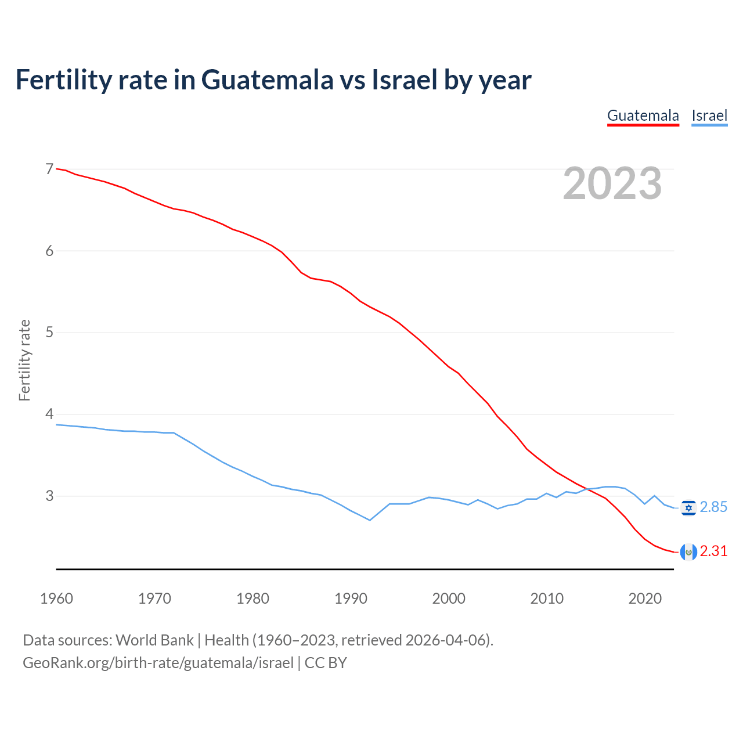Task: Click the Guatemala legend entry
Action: [643, 116]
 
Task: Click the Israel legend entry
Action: [709, 116]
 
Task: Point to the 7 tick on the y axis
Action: [49, 169]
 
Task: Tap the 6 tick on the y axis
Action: [49, 251]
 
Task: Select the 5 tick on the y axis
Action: [49, 333]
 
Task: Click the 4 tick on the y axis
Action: [49, 414]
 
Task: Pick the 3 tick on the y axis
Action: [49, 496]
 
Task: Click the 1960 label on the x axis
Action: [56, 598]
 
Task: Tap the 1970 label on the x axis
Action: [154, 598]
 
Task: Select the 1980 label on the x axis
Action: [253, 598]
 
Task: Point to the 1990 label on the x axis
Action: [351, 598]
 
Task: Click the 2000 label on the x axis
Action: [449, 598]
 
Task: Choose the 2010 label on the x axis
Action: [547, 598]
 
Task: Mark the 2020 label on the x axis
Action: [645, 598]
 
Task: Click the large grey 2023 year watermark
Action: [612, 183]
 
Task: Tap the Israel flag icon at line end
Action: [688, 508]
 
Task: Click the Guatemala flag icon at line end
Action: [688, 552]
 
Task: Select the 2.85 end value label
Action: [713, 507]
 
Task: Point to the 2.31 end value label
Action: [713, 551]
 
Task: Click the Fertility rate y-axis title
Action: [24, 360]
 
